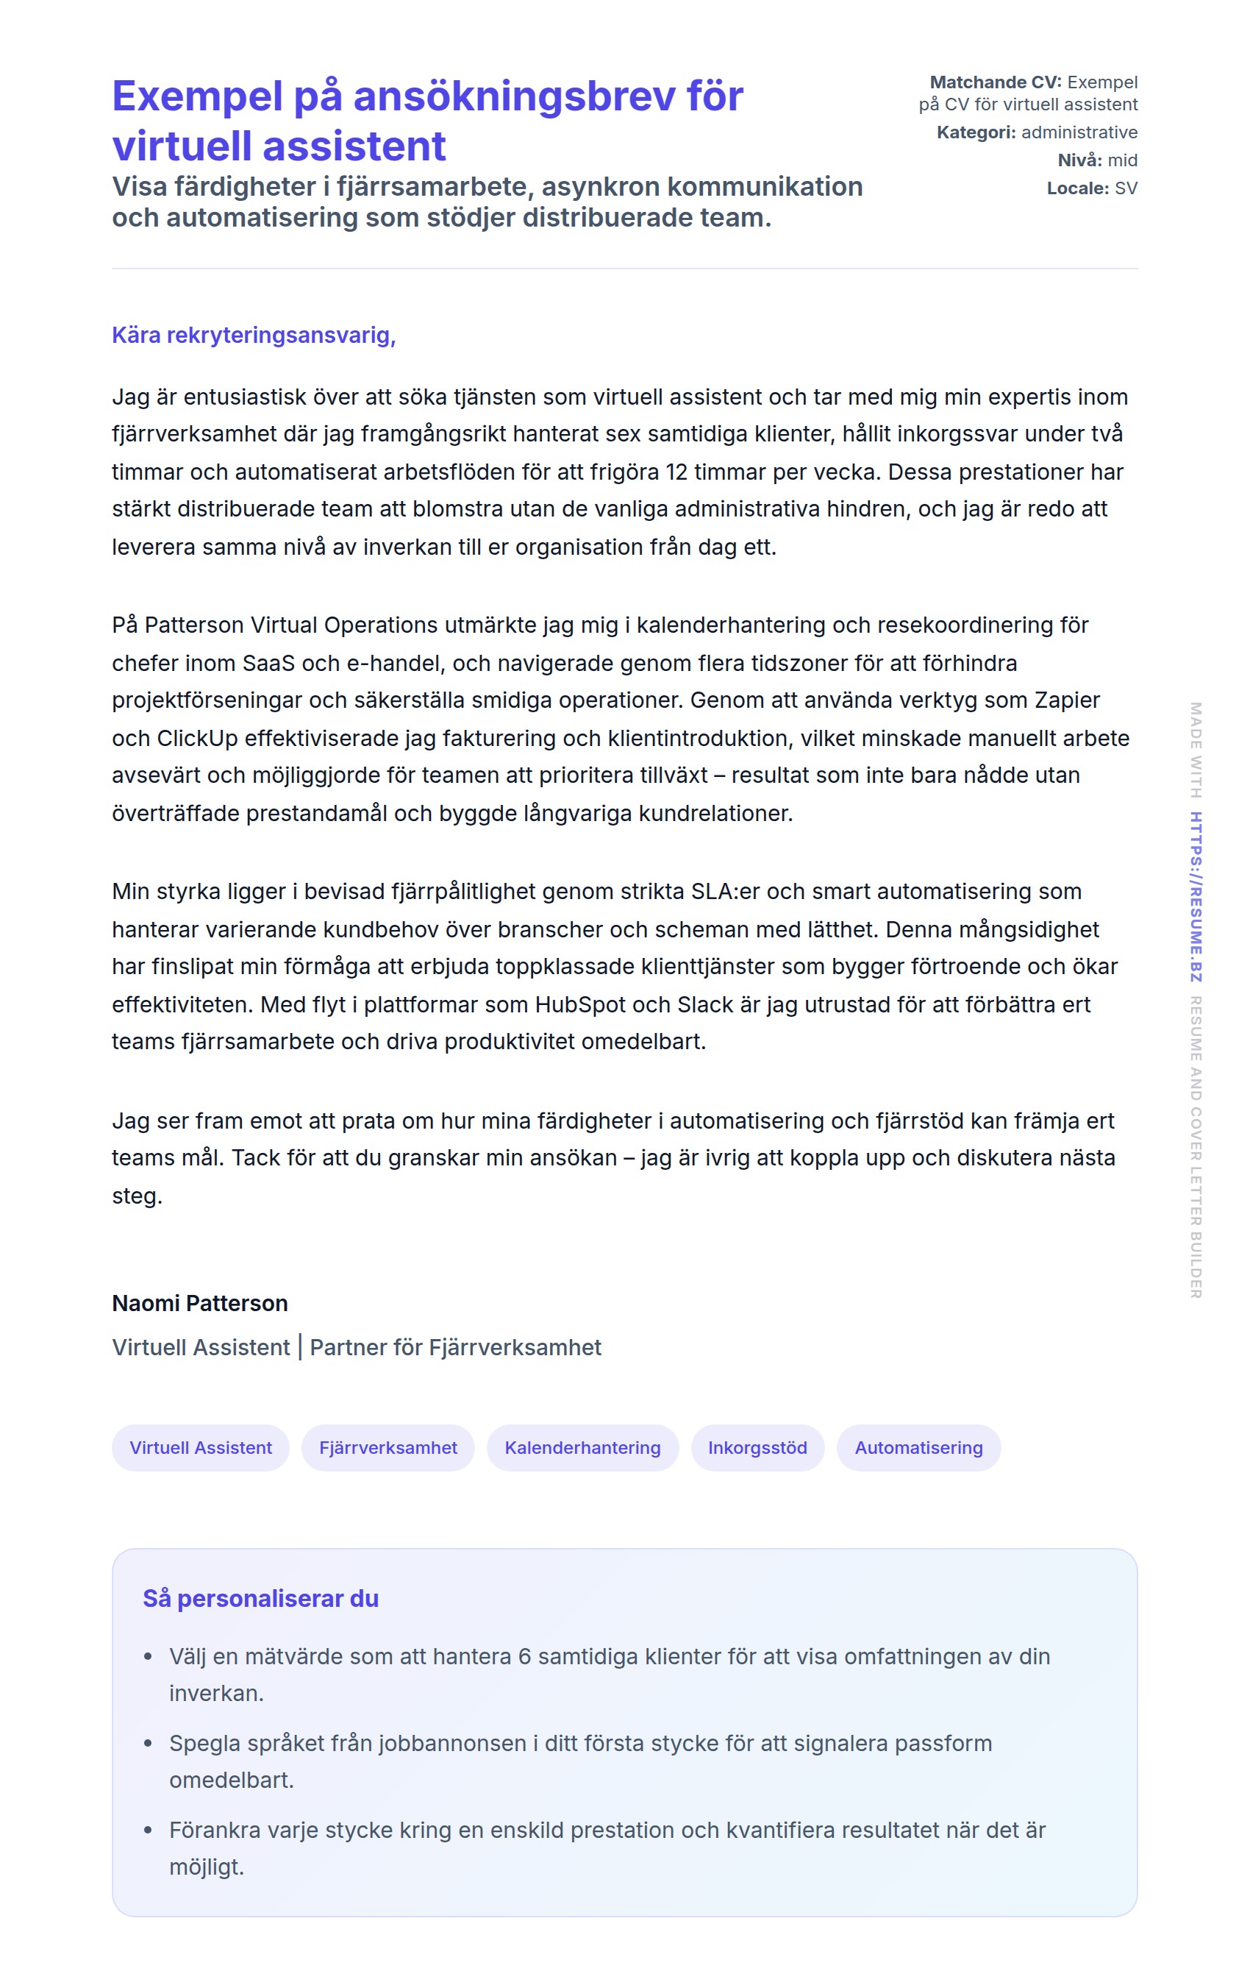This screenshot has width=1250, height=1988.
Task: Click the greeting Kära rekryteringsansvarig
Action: click(x=253, y=336)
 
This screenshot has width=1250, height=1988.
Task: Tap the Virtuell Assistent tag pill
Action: click(x=201, y=1447)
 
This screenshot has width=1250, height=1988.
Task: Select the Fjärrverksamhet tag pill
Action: click(x=387, y=1447)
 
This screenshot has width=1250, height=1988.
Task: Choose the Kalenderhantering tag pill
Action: click(x=582, y=1447)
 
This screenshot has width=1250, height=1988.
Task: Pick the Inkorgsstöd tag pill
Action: click(x=757, y=1447)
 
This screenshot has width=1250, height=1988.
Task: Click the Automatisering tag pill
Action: click(x=918, y=1447)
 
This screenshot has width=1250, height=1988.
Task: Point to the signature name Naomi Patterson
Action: click(x=200, y=1303)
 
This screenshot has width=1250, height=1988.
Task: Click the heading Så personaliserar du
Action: click(x=261, y=1598)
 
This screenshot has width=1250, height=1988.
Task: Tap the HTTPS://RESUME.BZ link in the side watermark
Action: click(x=1196, y=897)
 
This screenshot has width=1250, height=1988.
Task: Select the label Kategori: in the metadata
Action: click(x=976, y=132)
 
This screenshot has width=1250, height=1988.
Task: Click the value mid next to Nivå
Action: click(x=1122, y=160)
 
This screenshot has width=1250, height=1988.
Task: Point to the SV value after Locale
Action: click(x=1126, y=188)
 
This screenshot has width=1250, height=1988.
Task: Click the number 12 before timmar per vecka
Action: click(x=676, y=472)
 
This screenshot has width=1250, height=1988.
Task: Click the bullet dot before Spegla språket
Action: click(x=149, y=1744)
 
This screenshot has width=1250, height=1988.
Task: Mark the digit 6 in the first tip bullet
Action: click(x=524, y=1657)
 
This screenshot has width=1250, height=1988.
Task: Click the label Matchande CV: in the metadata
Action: click(x=995, y=82)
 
